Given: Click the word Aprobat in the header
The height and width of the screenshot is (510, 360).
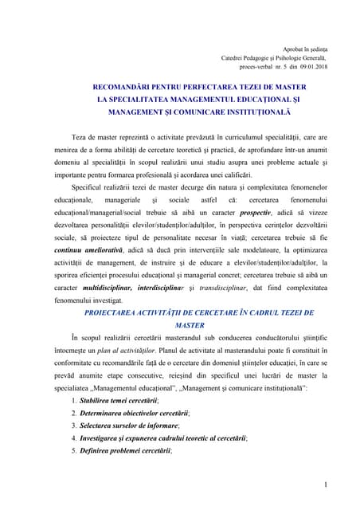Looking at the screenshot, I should [x=284, y=49].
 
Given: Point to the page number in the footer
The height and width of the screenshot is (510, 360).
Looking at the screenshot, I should [x=327, y=483].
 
